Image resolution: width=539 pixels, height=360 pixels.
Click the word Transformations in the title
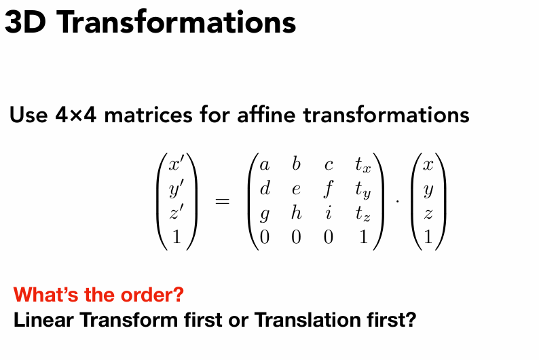coord(178,22)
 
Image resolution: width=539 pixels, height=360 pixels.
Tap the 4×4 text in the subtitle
coord(75,115)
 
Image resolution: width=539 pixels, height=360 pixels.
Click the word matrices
coord(148,114)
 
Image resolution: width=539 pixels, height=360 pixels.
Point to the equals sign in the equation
coord(222,201)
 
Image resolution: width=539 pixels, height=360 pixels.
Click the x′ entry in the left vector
coord(175,164)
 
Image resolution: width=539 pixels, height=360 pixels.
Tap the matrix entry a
coord(264,165)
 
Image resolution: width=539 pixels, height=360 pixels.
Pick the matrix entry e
coord(296,190)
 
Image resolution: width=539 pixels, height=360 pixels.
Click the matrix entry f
coord(329,189)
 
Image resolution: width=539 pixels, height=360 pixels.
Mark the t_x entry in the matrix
coord(363,165)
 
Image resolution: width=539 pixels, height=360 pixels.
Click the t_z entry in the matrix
coord(363,213)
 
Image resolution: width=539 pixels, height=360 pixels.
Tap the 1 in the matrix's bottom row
coord(363,236)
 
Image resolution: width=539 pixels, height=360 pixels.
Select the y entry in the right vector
coord(428,190)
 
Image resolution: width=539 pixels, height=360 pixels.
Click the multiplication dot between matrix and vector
coord(398,201)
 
